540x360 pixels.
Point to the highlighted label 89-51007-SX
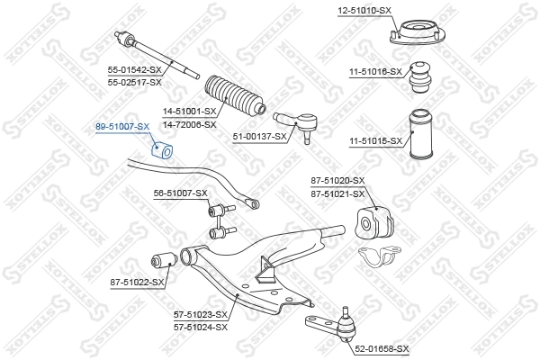[121, 128]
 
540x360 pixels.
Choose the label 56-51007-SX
[180, 193]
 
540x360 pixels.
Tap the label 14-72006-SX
[189, 124]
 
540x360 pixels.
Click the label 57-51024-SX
[201, 327]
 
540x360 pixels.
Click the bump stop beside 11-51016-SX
[418, 79]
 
